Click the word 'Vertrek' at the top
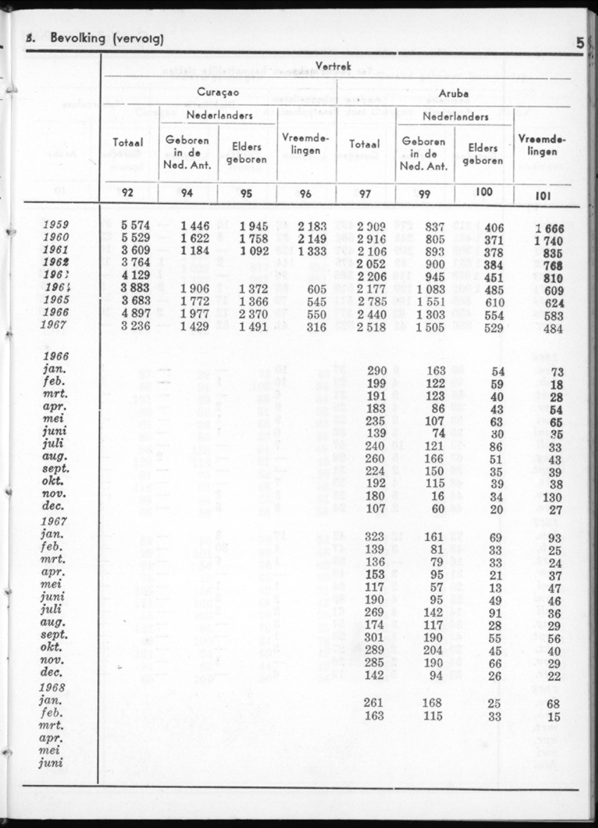click(335, 65)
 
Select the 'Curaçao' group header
click(218, 93)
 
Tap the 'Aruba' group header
click(453, 93)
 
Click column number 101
click(542, 196)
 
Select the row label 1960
click(56, 238)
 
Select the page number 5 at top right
click(580, 42)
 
